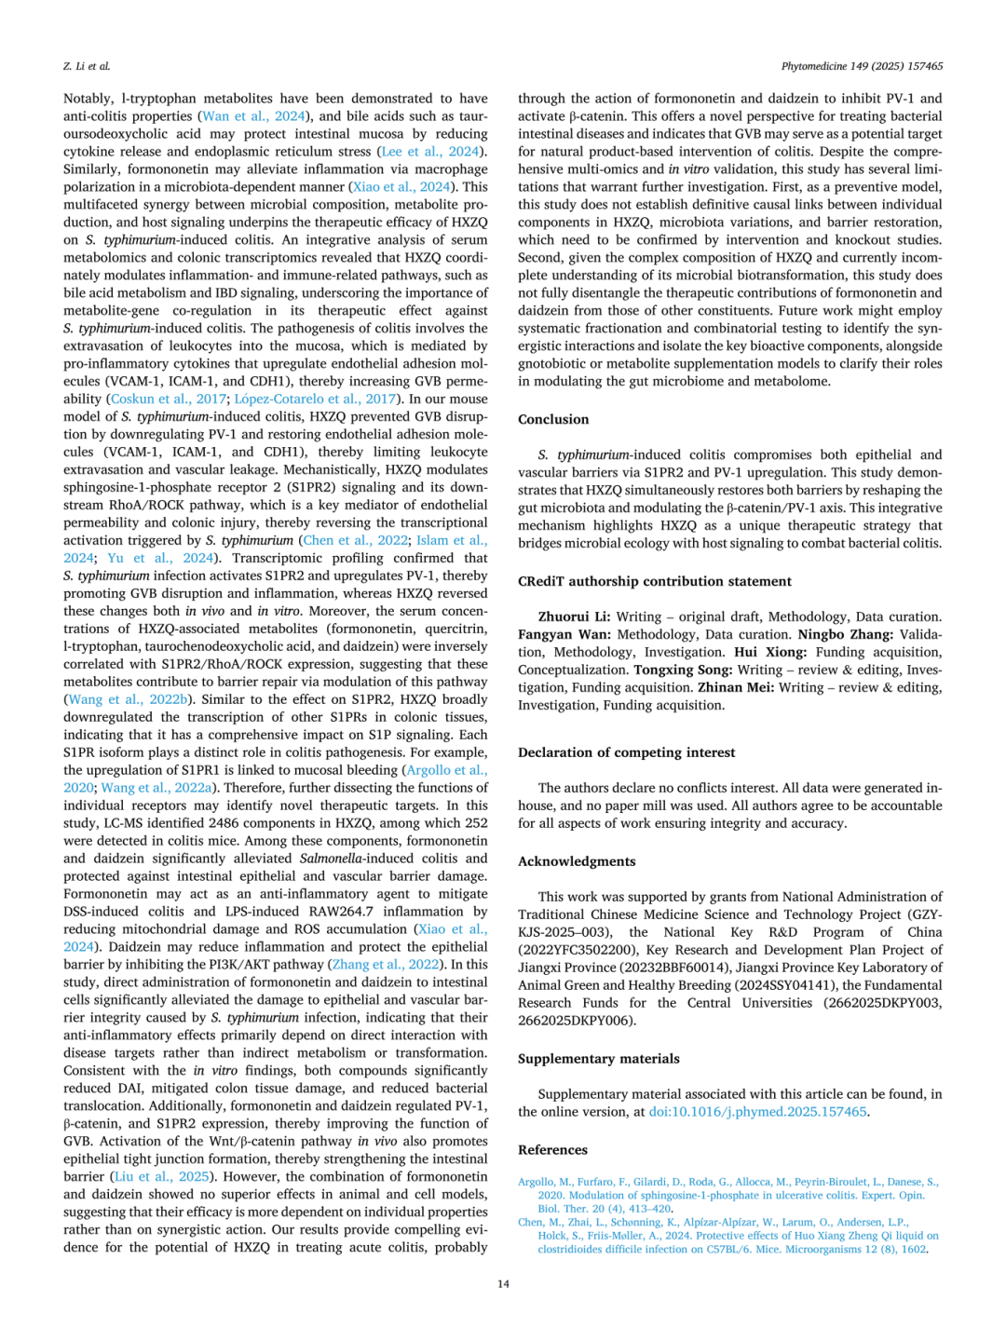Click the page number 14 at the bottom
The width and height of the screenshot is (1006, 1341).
click(503, 1284)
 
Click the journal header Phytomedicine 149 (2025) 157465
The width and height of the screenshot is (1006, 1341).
click(862, 66)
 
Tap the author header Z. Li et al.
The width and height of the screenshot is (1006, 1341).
click(87, 66)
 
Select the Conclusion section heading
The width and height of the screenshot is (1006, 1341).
click(553, 419)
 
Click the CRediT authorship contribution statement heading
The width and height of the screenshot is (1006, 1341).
click(654, 581)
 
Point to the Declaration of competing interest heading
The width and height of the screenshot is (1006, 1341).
click(626, 752)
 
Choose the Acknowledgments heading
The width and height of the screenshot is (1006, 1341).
click(577, 861)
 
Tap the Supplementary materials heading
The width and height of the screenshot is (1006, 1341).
click(598, 1059)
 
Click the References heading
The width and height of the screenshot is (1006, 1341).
click(552, 1150)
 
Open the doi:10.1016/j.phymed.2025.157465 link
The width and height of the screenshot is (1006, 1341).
click(757, 1112)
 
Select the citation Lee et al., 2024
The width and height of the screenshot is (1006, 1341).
click(431, 152)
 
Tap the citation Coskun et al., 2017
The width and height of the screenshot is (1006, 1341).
click(169, 399)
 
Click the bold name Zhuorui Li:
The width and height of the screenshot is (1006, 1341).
click(574, 616)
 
